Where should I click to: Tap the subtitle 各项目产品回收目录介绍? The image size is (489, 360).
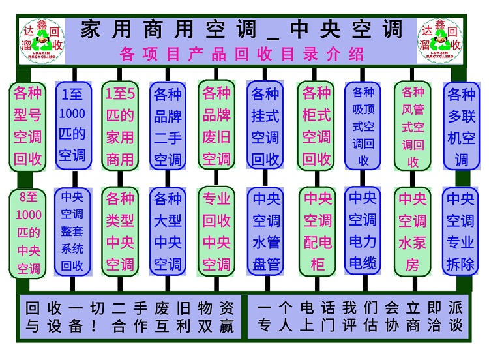tap(241, 53)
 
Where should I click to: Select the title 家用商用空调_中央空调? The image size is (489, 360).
tap(241, 29)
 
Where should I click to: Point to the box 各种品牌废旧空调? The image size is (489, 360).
tap(216, 125)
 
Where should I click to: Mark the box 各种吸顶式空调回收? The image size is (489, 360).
tap(363, 125)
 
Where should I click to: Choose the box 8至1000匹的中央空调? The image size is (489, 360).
tap(28, 232)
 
